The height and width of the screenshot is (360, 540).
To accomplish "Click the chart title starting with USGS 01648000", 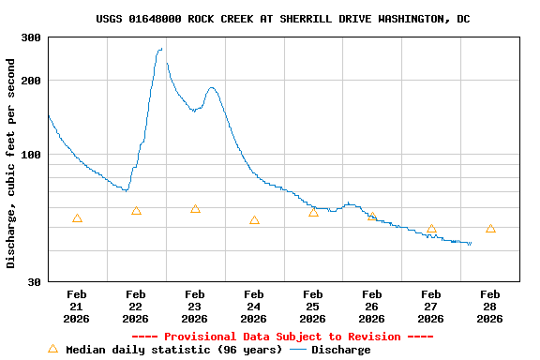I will click(x=283, y=19).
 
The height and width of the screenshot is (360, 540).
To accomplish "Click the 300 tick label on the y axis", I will click(x=31, y=37).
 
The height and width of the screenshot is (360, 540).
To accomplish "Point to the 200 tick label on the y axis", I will click(x=31, y=81).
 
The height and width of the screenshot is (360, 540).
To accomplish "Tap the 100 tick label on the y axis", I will click(x=31, y=155).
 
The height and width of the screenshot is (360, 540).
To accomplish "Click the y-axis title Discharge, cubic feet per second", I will click(x=11, y=163).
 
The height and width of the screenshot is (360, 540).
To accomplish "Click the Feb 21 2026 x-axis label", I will click(x=77, y=306).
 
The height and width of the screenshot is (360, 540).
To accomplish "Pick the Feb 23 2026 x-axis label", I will click(x=195, y=306).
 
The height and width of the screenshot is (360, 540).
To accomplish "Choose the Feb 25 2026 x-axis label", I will click(x=313, y=306).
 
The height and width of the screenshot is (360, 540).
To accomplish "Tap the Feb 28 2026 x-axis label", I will click(x=490, y=306).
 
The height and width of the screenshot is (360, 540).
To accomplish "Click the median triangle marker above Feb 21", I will click(x=77, y=218).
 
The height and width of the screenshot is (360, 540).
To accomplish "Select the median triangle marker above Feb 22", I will click(x=136, y=211).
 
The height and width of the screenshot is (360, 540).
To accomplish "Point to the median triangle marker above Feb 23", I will click(x=195, y=209).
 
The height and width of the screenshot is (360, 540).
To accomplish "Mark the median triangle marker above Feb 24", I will click(x=254, y=220).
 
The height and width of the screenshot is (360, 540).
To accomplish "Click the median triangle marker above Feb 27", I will click(x=431, y=229).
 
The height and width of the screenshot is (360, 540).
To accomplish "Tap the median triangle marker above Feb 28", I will click(x=490, y=229).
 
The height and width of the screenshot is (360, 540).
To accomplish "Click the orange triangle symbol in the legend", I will click(x=52, y=349).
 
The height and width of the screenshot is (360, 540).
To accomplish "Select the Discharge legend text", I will click(x=340, y=350).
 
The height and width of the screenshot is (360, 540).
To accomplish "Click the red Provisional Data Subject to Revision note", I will click(x=282, y=337).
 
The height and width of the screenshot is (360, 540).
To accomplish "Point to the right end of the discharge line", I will click(x=471, y=244).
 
